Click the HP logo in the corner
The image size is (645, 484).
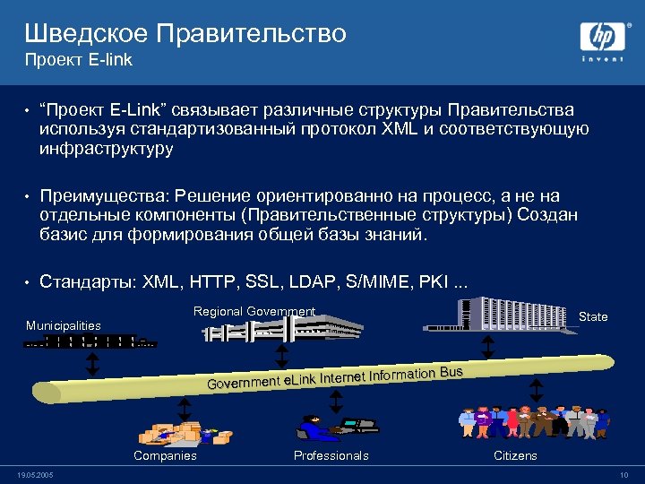pos(602,39)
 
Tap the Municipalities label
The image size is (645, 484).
pos(63,325)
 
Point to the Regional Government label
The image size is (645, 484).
pos(254,311)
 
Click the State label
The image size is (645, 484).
pos(593,316)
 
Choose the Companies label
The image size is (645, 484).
pos(165,455)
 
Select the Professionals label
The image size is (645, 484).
pos(331,455)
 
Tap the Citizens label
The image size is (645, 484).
pos(516,455)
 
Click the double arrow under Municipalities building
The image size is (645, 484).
pos(91,365)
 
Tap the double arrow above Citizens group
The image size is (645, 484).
pos(537,391)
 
